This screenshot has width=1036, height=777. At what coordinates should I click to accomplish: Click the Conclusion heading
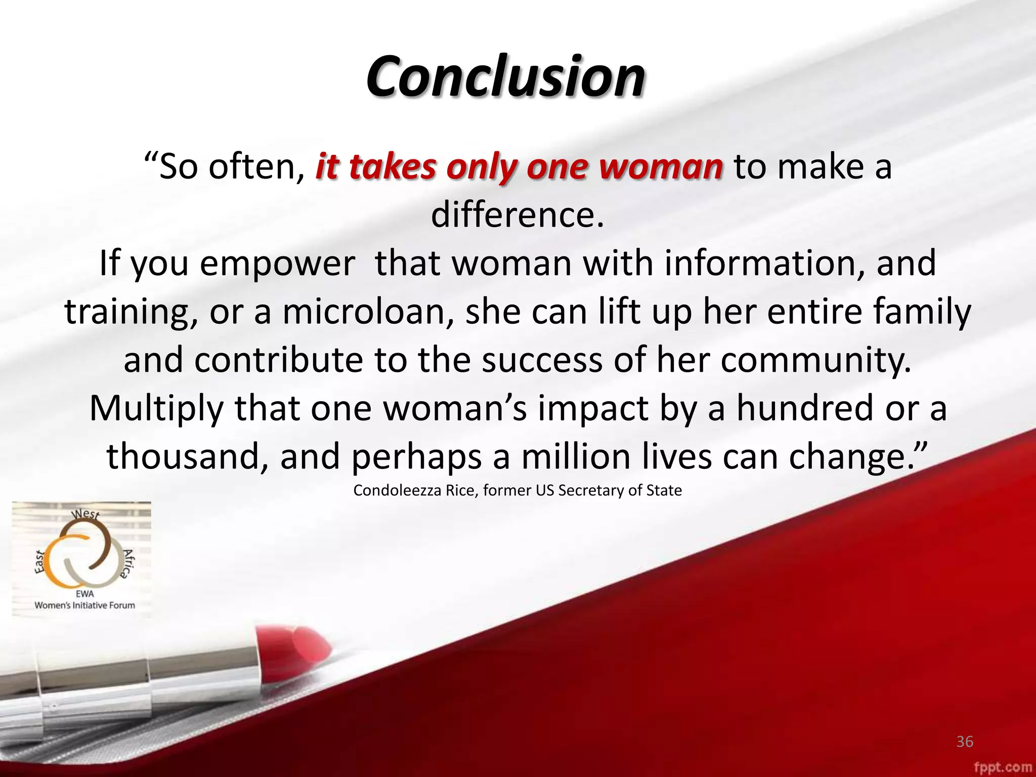[x=505, y=77]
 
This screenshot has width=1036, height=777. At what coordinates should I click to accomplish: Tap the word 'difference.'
[x=517, y=215]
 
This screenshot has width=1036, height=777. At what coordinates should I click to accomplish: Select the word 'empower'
[x=277, y=264]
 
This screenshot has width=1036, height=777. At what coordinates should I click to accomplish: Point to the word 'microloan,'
[x=368, y=312]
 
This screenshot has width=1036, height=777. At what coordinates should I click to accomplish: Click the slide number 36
[x=965, y=742]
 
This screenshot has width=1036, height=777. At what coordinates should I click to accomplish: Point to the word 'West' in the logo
[x=85, y=514]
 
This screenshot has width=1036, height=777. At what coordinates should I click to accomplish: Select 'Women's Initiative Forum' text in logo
[x=84, y=605]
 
